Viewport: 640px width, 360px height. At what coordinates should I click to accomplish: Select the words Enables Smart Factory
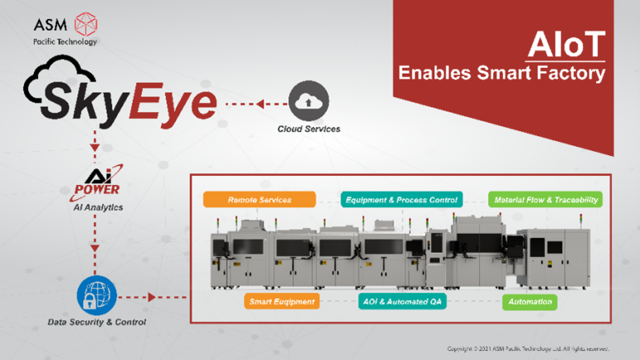coord(501,73)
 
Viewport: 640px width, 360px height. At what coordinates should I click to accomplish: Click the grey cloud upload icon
coord(309,102)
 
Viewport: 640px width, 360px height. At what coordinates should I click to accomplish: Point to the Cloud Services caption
coord(309,129)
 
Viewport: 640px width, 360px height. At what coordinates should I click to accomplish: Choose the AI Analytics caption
coord(97,207)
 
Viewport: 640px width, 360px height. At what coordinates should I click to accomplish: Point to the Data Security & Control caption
coord(97,322)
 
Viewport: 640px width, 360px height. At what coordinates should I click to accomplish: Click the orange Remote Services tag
coord(259,199)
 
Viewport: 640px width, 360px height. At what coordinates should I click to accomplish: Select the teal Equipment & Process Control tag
coord(401,199)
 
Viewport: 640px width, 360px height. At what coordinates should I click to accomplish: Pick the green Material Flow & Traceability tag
coord(545,199)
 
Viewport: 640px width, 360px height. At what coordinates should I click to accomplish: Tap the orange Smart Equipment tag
coord(282,301)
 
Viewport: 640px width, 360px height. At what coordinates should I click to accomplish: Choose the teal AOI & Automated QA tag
coord(401,301)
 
